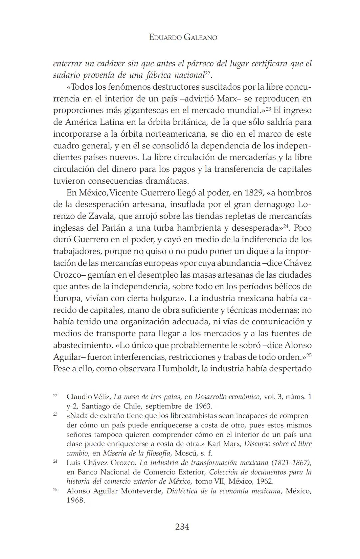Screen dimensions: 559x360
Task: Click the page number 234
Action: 182,527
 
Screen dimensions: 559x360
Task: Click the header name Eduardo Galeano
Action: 183,37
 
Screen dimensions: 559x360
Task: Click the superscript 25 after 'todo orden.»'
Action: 309,355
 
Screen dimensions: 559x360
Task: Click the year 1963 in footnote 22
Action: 202,406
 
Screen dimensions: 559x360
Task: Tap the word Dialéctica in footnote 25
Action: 182,491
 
